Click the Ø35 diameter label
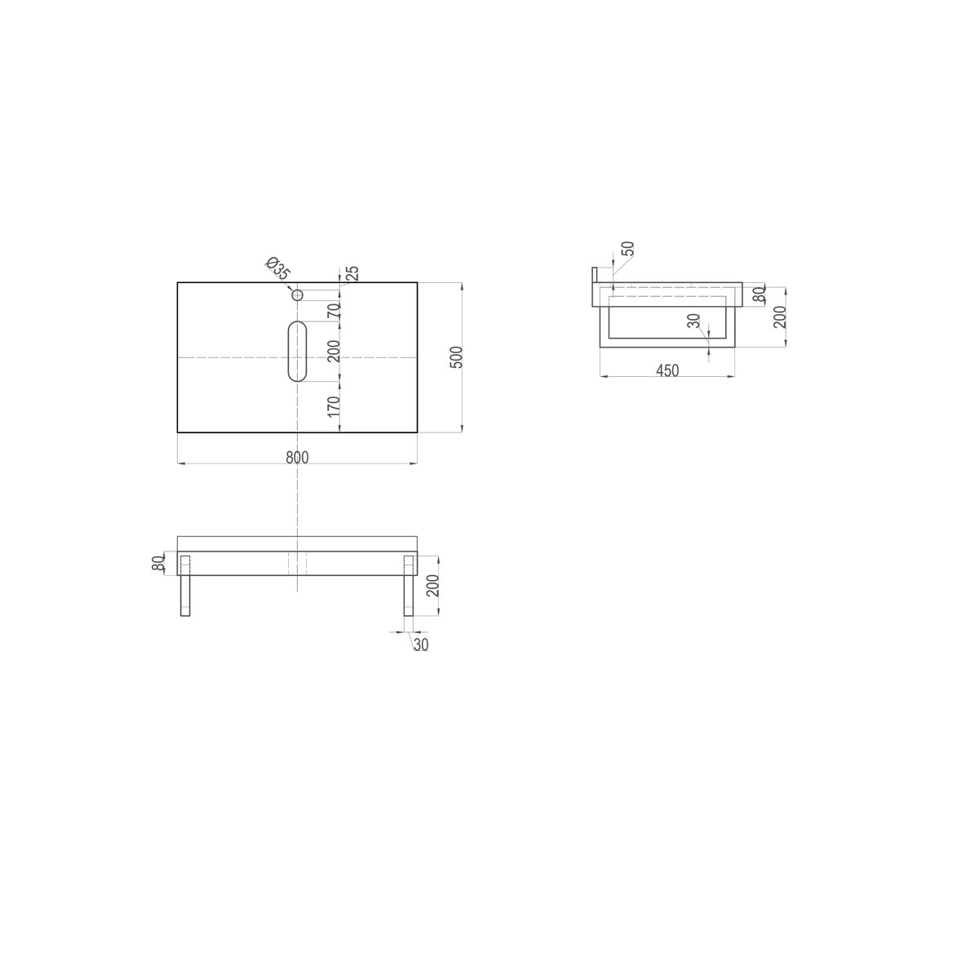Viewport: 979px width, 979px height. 277,268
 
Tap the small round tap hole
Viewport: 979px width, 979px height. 297,295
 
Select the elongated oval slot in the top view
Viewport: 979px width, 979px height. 297,352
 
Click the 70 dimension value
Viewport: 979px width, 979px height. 334,310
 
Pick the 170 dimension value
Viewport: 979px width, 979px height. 334,406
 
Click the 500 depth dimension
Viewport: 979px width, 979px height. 457,357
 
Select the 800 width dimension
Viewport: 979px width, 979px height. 297,458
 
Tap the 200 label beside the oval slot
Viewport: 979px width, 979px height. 334,351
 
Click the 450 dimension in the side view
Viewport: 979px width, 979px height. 667,370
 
